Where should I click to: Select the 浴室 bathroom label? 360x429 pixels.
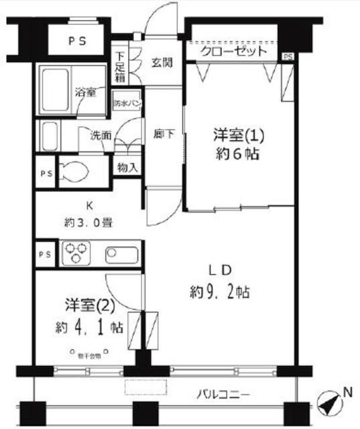(86, 93)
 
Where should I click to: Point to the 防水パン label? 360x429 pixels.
(127, 104)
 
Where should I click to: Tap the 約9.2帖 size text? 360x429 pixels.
(219, 292)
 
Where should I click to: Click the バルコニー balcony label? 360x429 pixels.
(224, 393)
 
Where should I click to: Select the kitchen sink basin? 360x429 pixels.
(122, 255)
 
